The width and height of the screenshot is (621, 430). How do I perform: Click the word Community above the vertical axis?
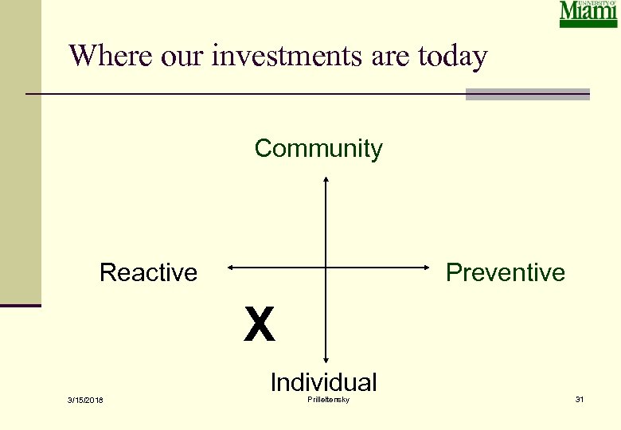point(318,149)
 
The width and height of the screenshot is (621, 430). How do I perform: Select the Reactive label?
point(148,272)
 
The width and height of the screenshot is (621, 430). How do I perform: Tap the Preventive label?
point(505,272)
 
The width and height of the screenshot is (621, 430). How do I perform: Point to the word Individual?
point(323,382)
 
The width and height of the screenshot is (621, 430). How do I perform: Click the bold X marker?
point(260,325)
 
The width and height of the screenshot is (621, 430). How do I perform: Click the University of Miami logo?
point(588,14)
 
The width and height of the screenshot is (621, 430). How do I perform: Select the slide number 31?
point(580,399)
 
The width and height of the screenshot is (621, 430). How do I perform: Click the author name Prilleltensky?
point(328,399)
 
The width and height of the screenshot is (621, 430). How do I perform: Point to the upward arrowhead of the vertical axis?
point(326,180)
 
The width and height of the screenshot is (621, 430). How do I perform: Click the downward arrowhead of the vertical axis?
point(326,361)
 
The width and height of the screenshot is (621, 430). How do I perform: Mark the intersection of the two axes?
point(326,268)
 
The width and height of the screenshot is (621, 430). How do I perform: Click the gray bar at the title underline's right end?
point(527,94)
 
